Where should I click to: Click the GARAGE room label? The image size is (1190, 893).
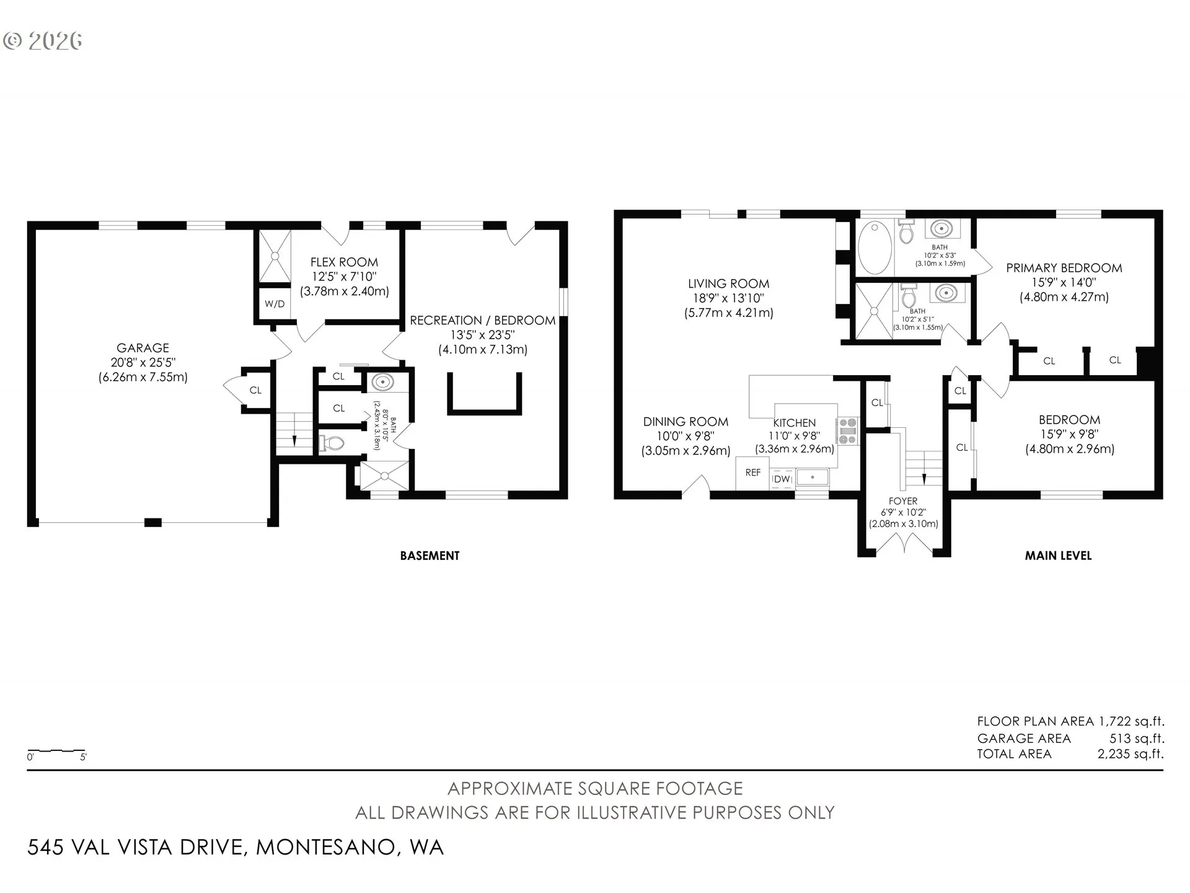coord(143,348)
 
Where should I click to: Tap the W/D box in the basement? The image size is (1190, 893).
coord(275,304)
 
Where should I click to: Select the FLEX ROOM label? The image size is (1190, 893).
coord(344,262)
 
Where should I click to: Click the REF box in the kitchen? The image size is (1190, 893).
coord(752,473)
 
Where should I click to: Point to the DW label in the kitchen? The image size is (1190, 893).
coord(782,479)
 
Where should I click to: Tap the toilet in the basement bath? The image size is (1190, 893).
coord(332,443)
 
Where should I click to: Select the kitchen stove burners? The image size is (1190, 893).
coord(847,431)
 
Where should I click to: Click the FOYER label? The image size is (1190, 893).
coord(903,501)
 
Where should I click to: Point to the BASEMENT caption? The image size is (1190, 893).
coord(430,556)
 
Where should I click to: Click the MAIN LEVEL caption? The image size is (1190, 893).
coord(1058,556)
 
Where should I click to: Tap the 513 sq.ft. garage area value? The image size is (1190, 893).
coord(1137,739)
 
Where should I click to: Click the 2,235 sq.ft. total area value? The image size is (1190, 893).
coord(1130,754)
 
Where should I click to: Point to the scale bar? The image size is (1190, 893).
coord(56,751)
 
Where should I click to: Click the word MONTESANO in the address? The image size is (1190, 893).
coord(326,847)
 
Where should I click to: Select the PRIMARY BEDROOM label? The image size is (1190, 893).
coord(1064,268)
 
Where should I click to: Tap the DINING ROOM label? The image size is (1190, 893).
coord(685,422)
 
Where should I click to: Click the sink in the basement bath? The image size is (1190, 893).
coord(382,382)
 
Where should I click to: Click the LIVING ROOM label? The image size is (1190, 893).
coord(728,283)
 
